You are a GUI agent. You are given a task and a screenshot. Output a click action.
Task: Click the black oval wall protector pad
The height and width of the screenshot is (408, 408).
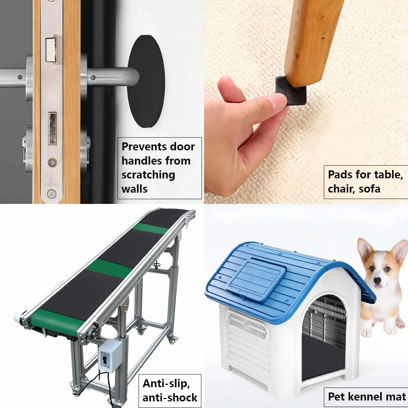[146, 81]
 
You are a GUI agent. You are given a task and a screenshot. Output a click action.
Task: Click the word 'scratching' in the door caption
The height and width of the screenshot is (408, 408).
[148, 175]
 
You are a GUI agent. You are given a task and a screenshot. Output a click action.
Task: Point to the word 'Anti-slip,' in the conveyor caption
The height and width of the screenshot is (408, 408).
[166, 384]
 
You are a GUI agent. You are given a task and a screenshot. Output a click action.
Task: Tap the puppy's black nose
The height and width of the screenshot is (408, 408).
[377, 280]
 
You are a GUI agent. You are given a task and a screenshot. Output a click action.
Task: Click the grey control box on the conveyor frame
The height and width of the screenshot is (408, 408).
[110, 356]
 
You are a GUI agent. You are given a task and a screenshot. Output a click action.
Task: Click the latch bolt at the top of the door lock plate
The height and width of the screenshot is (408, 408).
[54, 50]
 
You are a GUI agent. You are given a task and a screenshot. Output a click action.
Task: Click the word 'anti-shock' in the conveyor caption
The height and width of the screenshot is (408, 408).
[170, 398]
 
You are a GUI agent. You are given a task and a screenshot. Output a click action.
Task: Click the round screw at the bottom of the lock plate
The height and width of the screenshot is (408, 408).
[52, 194]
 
